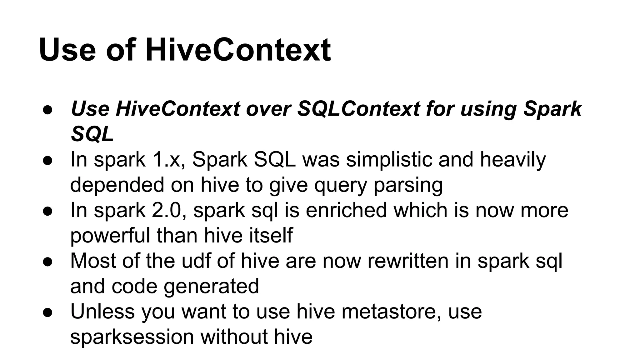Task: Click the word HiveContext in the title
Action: (238, 50)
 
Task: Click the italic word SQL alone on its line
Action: (92, 134)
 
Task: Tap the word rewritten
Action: (407, 261)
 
